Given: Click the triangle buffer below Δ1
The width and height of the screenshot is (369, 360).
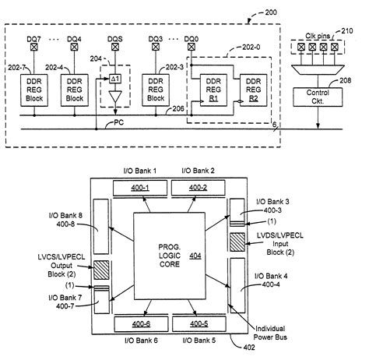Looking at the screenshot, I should tap(114, 97).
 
